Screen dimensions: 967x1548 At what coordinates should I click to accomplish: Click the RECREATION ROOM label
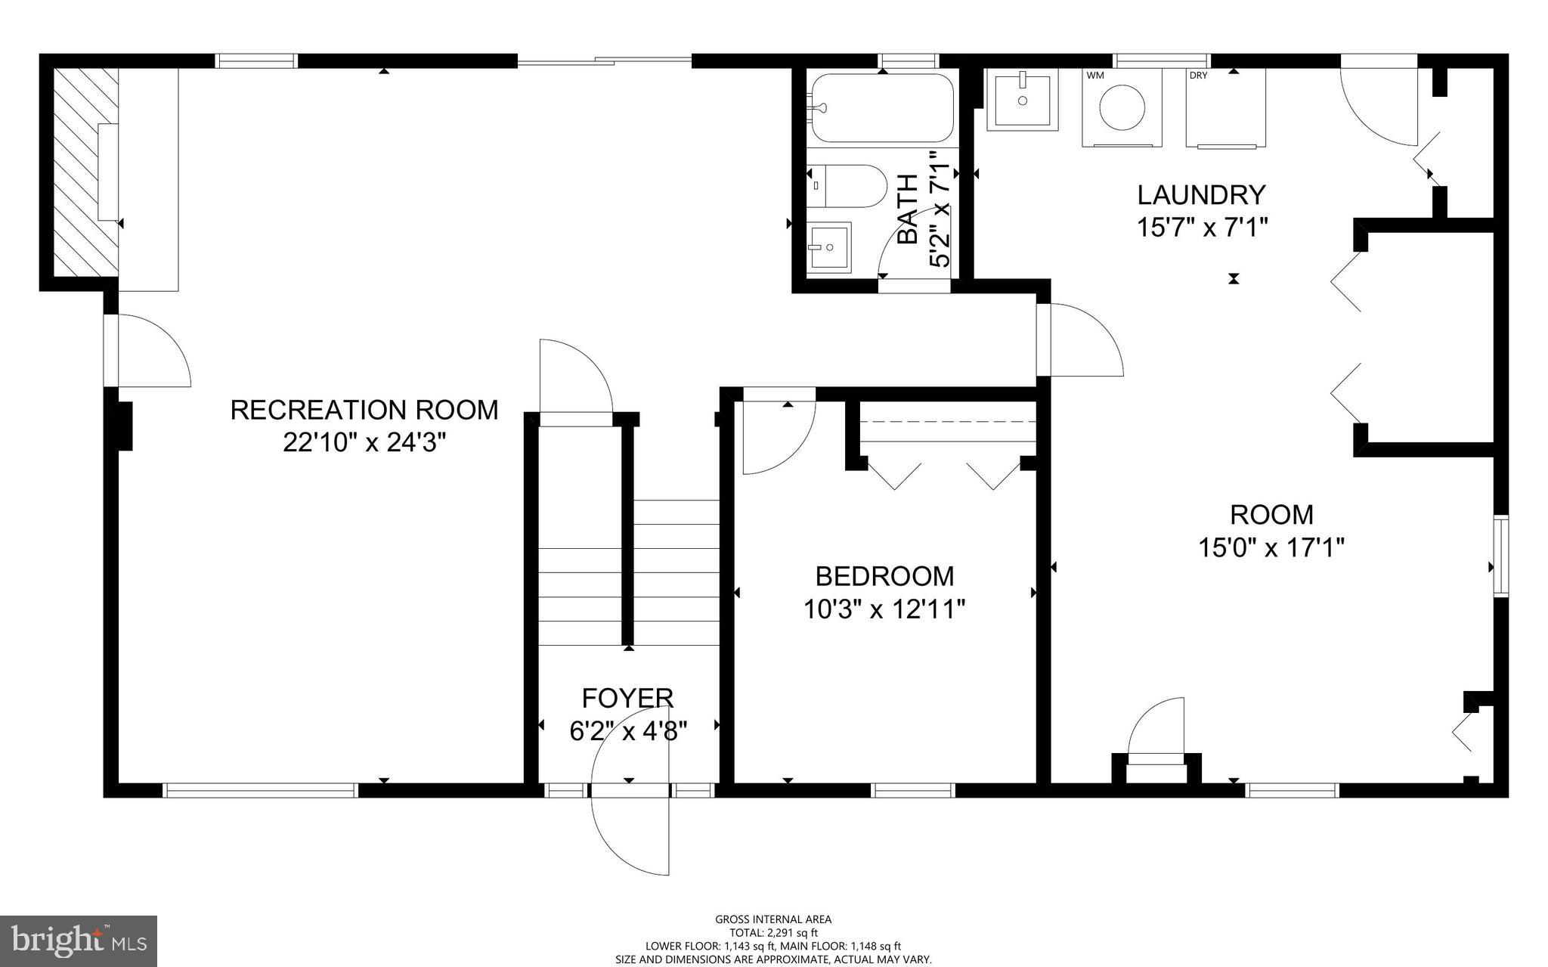[364, 410]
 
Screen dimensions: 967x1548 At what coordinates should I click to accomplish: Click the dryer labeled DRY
[1225, 107]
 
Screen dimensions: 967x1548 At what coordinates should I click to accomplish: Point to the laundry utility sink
[1022, 100]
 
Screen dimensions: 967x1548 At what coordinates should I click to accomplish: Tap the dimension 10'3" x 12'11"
[884, 609]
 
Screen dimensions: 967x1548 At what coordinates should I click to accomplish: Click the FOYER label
[627, 698]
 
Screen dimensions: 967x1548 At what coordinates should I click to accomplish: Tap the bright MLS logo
[79, 940]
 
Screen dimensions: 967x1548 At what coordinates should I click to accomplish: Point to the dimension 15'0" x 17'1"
[1271, 547]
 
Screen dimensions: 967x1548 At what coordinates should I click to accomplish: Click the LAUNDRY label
[1201, 195]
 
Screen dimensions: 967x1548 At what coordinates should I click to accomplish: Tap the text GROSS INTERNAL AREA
[773, 919]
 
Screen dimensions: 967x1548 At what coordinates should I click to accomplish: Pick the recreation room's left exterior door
[147, 352]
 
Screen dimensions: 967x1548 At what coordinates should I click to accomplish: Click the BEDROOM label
[884, 576]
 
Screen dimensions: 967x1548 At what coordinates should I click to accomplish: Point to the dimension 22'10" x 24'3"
[364, 442]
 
